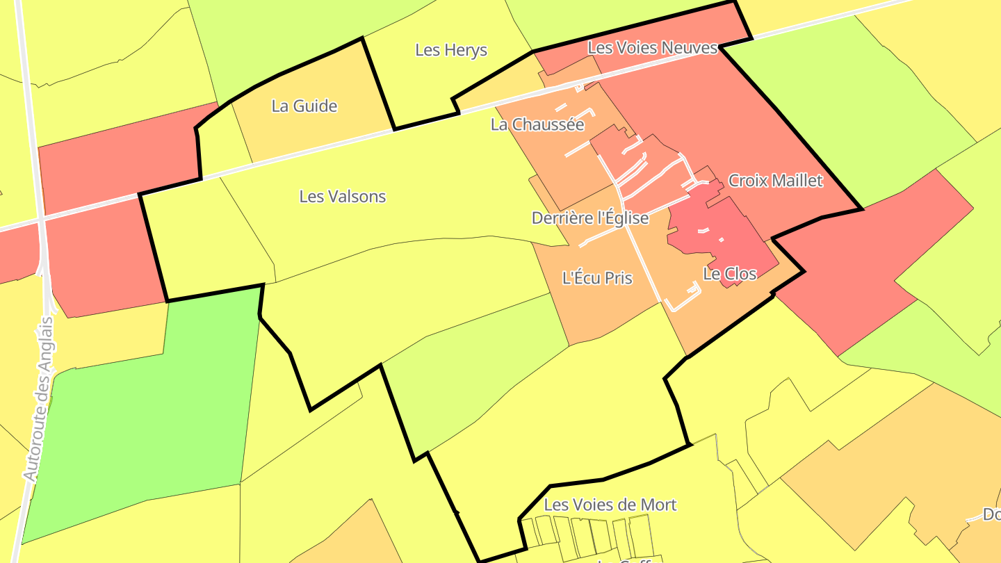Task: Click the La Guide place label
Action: click(x=304, y=106)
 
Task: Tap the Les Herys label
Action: click(x=451, y=50)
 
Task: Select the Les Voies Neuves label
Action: click(x=652, y=48)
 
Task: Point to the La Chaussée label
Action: click(x=537, y=125)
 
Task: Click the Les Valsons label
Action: click(x=342, y=197)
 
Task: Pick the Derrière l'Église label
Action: click(x=590, y=218)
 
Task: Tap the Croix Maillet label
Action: click(x=775, y=181)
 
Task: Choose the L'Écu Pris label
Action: click(x=597, y=278)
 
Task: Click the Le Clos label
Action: click(x=729, y=274)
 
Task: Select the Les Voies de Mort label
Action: click(x=610, y=505)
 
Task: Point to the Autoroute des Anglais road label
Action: click(x=38, y=399)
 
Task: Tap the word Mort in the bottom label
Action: click(x=657, y=505)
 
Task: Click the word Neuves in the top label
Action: click(x=688, y=48)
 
